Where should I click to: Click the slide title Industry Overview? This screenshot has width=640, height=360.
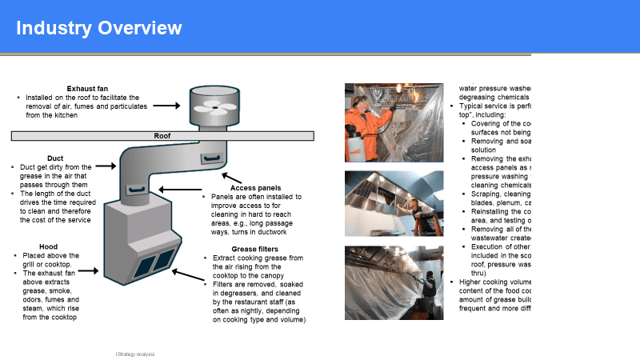click(x=99, y=29)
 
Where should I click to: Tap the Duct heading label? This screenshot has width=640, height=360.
click(x=55, y=158)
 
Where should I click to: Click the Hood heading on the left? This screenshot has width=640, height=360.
click(x=48, y=246)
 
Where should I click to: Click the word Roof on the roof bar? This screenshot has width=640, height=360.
click(x=162, y=136)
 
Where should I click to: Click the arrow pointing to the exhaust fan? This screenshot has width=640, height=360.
click(x=166, y=105)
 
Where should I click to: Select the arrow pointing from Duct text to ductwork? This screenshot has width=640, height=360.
click(x=106, y=167)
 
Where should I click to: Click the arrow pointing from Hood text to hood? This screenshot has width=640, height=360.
click(x=89, y=271)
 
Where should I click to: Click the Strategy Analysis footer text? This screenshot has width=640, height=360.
click(x=134, y=354)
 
